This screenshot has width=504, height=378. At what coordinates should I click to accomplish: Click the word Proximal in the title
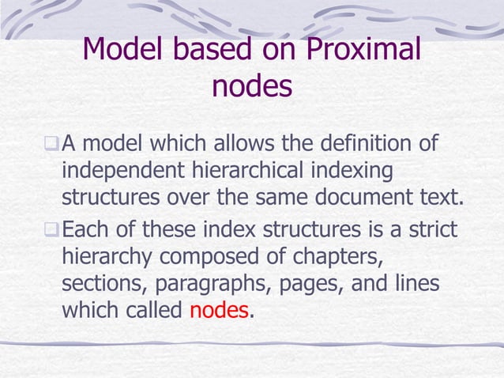[360, 51]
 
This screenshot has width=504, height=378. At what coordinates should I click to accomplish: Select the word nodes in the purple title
[252, 86]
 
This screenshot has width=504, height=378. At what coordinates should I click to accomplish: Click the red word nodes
[219, 310]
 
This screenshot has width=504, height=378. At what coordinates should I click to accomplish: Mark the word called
[155, 310]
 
